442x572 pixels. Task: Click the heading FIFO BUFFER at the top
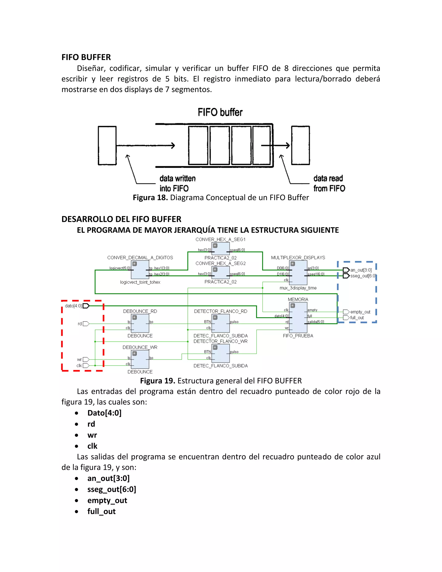pos(86,57)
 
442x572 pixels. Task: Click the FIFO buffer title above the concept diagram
pos(220,112)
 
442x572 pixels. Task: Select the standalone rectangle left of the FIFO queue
pos(107,146)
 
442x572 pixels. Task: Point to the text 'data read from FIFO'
pos(329,183)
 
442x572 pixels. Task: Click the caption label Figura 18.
pos(150,198)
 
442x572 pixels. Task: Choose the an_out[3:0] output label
pos(361,270)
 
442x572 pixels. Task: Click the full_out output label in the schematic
pos(357,318)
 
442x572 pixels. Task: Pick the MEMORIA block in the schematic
pos(298,318)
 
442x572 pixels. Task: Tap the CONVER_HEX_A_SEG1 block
pos(221,248)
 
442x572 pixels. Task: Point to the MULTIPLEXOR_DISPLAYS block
pos(298,273)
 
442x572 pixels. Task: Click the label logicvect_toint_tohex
pos(140,282)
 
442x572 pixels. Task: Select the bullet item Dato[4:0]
pos(104,413)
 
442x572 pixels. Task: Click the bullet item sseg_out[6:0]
pos(112,489)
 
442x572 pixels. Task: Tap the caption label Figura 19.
pos(157,381)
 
